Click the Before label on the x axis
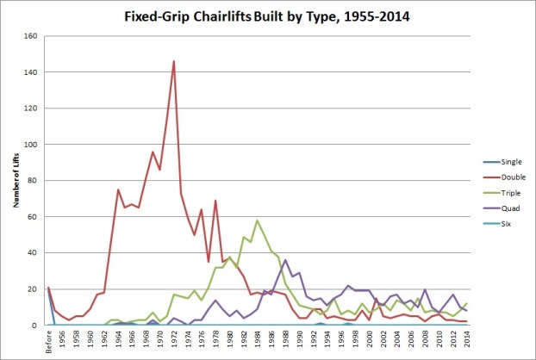tap(49, 342)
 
